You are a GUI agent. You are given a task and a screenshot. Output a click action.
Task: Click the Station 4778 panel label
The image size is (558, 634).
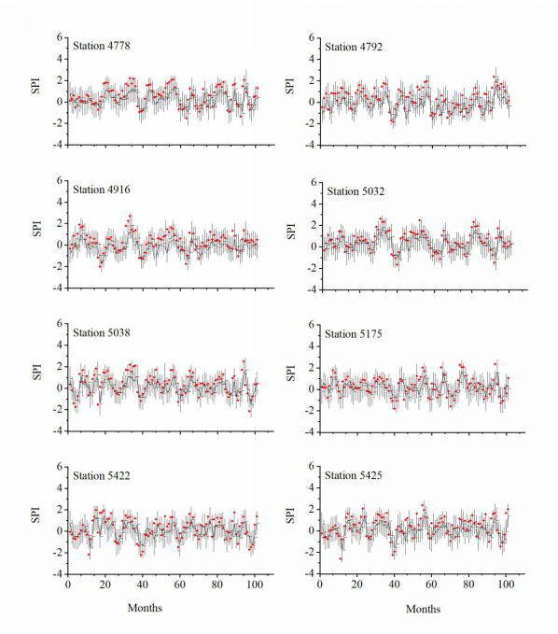click(x=102, y=46)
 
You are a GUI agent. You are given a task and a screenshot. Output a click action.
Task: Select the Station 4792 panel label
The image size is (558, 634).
click(x=354, y=47)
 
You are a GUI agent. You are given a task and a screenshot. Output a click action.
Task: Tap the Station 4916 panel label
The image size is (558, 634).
click(x=102, y=190)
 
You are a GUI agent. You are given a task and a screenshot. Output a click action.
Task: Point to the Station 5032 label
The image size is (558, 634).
click(x=356, y=190)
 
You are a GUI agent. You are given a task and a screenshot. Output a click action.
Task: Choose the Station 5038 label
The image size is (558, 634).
click(x=102, y=332)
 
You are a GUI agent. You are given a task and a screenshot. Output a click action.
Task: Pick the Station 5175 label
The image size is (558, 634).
click(x=354, y=334)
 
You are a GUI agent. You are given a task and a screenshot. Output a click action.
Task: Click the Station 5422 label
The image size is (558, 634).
click(x=102, y=476)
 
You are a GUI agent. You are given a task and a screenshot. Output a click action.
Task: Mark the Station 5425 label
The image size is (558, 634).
click(x=354, y=475)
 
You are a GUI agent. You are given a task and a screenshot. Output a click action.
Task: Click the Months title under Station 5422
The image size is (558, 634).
click(x=145, y=608)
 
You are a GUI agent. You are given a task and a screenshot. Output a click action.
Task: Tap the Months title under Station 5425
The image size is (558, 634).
click(x=423, y=609)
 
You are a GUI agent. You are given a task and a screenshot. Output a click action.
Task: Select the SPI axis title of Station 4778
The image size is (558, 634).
click(x=35, y=86)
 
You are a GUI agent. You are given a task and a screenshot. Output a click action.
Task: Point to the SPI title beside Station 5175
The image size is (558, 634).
click(x=290, y=373)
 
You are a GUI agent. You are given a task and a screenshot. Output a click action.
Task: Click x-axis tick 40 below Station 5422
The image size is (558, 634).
click(x=142, y=585)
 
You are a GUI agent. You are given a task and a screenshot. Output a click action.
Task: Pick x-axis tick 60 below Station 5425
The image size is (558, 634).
click(x=431, y=585)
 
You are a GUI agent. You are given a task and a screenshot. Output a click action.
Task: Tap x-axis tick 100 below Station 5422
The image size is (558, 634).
click(x=255, y=585)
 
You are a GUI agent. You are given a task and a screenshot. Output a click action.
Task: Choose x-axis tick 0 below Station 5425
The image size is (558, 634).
click(x=320, y=585)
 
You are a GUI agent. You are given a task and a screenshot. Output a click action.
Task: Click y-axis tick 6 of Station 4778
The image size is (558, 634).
click(x=60, y=37)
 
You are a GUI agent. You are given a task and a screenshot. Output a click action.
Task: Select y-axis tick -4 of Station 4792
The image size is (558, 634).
click(x=311, y=145)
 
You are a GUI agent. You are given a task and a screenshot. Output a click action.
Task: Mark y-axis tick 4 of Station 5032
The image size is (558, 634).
click(x=314, y=204)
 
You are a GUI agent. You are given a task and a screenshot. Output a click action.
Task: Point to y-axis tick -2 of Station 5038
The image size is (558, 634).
click(x=58, y=409)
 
